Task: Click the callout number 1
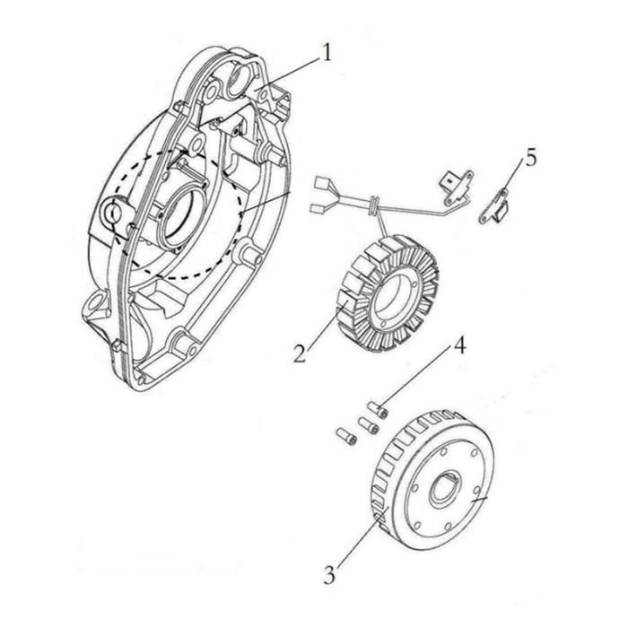[326, 54]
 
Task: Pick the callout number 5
[531, 159]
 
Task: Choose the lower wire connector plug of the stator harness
[317, 209]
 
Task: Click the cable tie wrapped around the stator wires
[375, 206]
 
